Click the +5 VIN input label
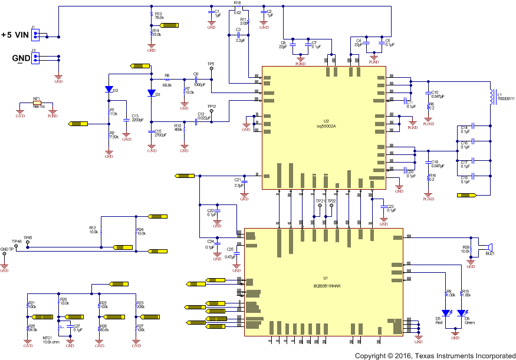pyautogui.click(x=14, y=35)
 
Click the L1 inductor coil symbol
pyautogui.click(x=490, y=97)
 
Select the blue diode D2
pyautogui.click(x=109, y=90)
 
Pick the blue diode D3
pyautogui.click(x=151, y=93)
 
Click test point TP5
pyautogui.click(x=211, y=68)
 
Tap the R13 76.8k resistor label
pyautogui.click(x=159, y=16)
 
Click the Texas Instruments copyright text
pyautogui.click(x=435, y=356)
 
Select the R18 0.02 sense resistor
pyautogui.click(x=238, y=8)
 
